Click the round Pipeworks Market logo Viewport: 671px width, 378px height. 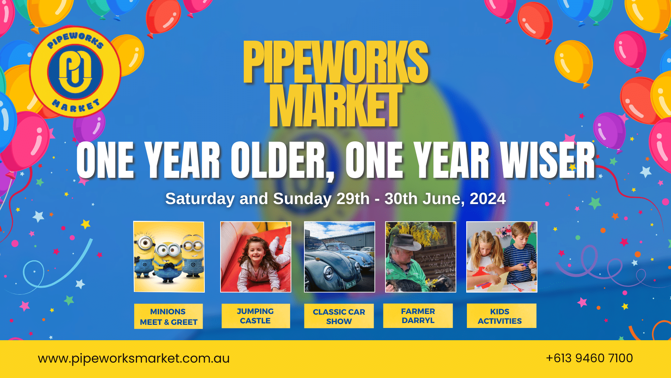[75, 72]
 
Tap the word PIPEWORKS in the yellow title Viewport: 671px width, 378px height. [335, 62]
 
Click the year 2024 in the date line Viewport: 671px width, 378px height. [488, 199]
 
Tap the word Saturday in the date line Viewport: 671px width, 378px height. [200, 199]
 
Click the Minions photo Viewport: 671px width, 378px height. [169, 257]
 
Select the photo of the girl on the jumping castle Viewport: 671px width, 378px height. [255, 257]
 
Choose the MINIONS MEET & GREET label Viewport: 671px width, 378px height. [168, 316]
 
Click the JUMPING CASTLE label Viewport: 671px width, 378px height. [255, 316]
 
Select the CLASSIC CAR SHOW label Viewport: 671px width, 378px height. [339, 316]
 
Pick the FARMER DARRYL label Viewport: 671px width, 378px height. [418, 316]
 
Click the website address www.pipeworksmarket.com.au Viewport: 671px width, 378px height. [134, 358]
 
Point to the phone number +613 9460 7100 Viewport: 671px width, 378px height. [589, 358]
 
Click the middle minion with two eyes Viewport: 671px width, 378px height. [168, 261]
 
